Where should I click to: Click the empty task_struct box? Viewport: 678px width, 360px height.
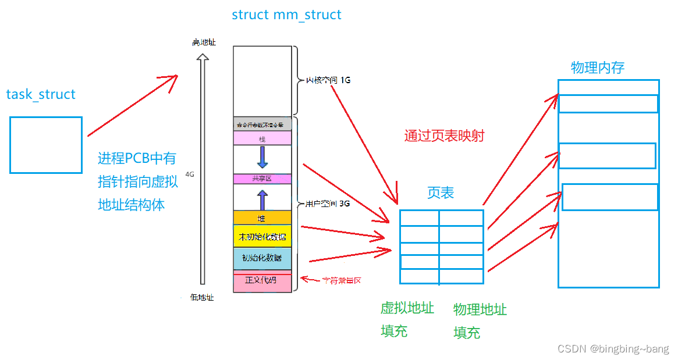[46, 145]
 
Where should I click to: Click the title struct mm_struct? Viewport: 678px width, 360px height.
[286, 15]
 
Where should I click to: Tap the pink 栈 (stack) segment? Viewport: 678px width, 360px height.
[262, 138]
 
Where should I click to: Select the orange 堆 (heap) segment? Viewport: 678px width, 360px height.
[262, 218]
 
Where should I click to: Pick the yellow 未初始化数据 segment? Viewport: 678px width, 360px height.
[262, 236]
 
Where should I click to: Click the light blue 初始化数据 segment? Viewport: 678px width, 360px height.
[262, 258]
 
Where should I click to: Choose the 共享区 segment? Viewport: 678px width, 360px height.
[262, 179]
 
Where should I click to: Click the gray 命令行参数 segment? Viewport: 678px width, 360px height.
[262, 124]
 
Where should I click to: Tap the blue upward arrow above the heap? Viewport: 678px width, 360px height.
[262, 199]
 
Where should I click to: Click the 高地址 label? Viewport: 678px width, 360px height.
[204, 42]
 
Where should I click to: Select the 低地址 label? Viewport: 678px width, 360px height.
[202, 297]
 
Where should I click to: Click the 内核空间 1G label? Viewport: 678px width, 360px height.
[328, 80]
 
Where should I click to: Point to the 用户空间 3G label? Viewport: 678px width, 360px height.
[327, 204]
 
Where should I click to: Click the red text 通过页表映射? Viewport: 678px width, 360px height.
[444, 136]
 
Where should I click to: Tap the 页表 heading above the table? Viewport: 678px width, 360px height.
[441, 193]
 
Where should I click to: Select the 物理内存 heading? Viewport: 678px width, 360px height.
[597, 67]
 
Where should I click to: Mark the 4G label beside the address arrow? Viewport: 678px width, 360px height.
[189, 174]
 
